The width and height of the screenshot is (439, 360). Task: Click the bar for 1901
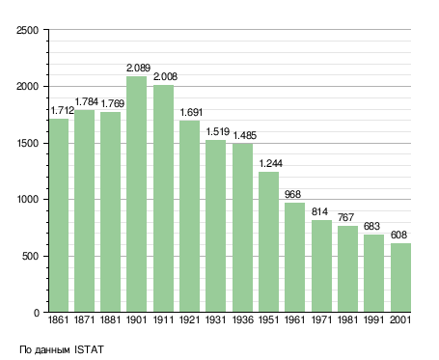(136, 194)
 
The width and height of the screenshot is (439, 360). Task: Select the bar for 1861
(59, 215)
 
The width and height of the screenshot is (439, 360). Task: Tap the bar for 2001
(400, 278)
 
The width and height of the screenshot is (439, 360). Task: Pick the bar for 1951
(268, 242)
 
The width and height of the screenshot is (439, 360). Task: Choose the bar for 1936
(242, 228)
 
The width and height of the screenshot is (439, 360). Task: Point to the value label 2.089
(138, 68)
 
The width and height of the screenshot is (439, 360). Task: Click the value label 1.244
(271, 163)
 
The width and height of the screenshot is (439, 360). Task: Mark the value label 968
(292, 194)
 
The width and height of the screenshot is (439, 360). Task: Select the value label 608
(398, 235)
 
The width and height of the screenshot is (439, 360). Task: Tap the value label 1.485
(245, 135)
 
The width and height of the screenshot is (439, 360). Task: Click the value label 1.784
(86, 101)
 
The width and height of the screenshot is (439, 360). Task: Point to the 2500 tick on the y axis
(27, 30)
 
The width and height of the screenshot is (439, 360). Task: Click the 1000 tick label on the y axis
(27, 200)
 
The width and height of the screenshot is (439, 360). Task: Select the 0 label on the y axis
(36, 313)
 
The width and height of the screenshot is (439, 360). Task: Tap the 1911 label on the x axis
(163, 319)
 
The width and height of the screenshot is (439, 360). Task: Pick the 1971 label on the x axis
(321, 319)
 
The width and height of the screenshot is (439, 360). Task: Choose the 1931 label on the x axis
(215, 319)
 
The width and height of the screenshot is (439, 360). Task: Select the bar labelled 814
(321, 266)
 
